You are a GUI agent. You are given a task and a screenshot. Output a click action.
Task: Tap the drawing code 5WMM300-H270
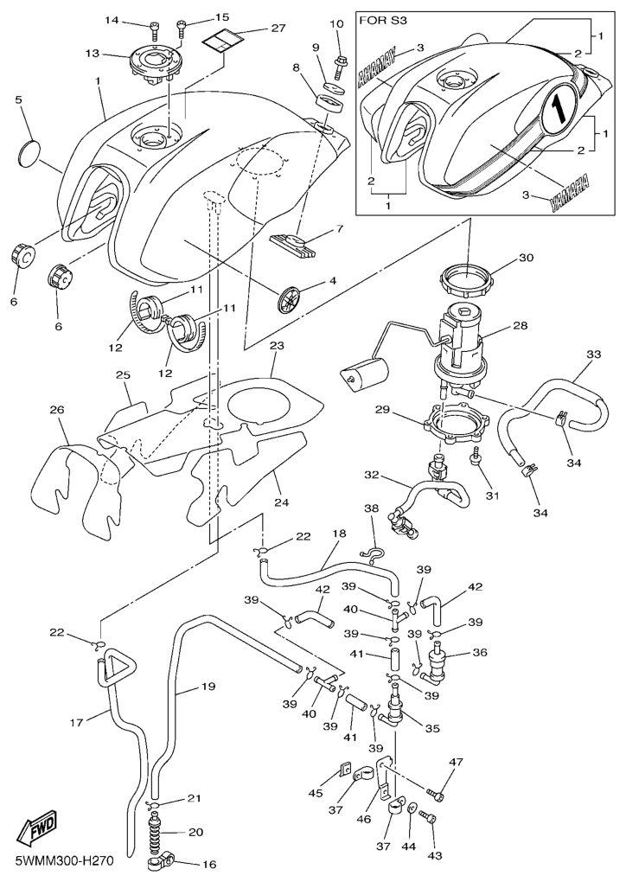pos(65,861)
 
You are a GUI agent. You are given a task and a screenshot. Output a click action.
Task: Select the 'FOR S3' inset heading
pos(383,21)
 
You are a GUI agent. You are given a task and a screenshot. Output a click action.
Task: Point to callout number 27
pos(278,28)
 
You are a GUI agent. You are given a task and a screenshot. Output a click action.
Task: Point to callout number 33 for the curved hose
pos(593,355)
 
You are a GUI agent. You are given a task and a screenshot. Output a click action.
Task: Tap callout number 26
pos(57,410)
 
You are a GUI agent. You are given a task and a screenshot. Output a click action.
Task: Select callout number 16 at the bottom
pos(208,865)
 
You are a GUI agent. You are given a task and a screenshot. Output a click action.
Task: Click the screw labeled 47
pos(435,795)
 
